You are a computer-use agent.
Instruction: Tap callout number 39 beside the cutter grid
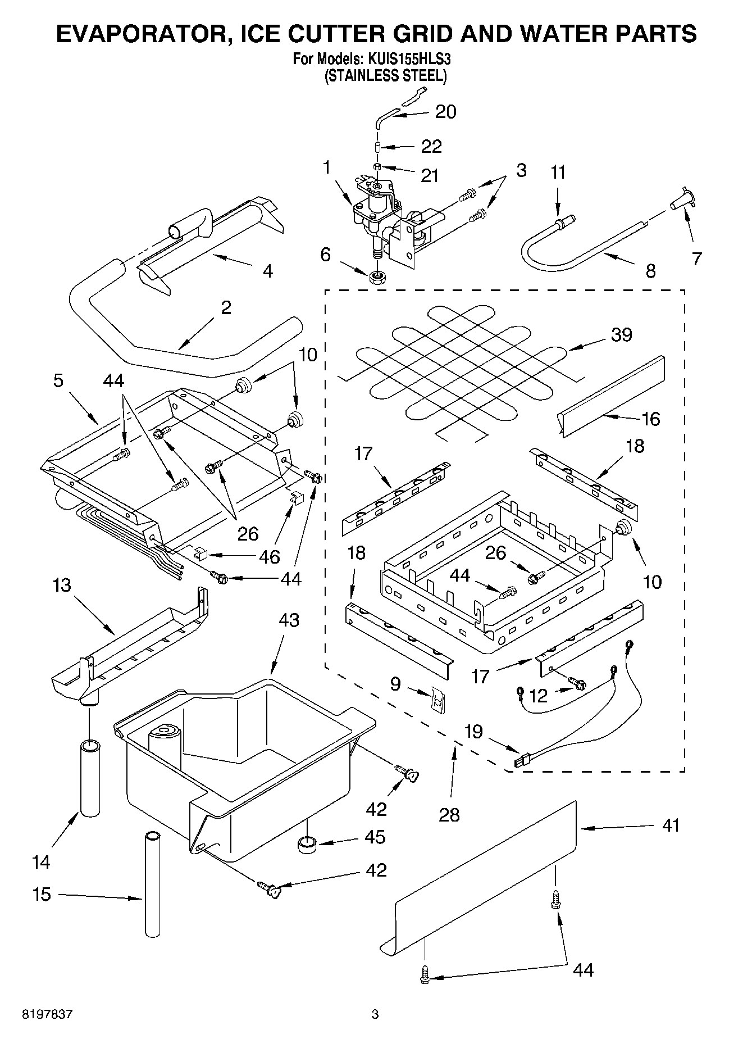[621, 335]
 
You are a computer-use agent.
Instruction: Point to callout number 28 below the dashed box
[449, 814]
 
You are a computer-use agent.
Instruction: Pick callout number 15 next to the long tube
[41, 894]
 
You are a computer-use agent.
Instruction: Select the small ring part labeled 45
[307, 844]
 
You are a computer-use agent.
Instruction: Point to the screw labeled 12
[577, 684]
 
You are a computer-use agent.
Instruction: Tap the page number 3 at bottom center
[375, 1014]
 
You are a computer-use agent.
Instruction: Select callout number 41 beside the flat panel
[671, 825]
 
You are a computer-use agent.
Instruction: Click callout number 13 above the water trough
[62, 586]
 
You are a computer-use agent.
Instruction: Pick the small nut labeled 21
[377, 166]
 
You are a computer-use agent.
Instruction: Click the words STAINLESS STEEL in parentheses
[385, 75]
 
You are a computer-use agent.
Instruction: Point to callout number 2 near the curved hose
[226, 307]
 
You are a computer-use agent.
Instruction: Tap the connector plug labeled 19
[522, 763]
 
